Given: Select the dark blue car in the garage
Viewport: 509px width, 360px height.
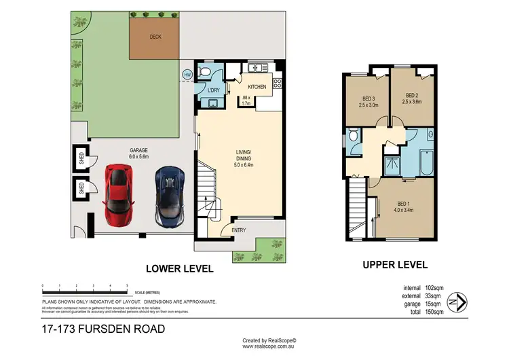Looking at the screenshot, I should tap(168, 197).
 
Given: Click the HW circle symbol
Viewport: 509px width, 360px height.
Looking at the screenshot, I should tap(187, 75).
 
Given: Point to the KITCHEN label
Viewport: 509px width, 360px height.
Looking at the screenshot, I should tap(257, 87).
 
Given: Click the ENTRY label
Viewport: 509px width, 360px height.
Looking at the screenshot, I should tap(240, 230).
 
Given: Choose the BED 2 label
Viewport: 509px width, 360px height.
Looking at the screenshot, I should tap(413, 98).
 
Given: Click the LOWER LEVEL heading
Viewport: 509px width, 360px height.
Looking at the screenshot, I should tap(180, 269).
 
